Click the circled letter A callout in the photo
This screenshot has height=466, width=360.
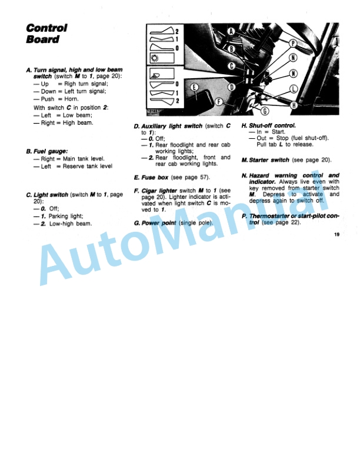(231, 31)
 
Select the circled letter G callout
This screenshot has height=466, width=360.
(264, 111)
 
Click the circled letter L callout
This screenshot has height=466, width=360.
(293, 89)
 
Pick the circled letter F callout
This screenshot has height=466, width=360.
(218, 101)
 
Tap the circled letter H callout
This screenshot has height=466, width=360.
(293, 104)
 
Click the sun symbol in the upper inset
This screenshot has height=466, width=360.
(155, 58)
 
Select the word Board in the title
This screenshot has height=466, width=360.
(42, 39)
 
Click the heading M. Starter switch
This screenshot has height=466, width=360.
(265, 159)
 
